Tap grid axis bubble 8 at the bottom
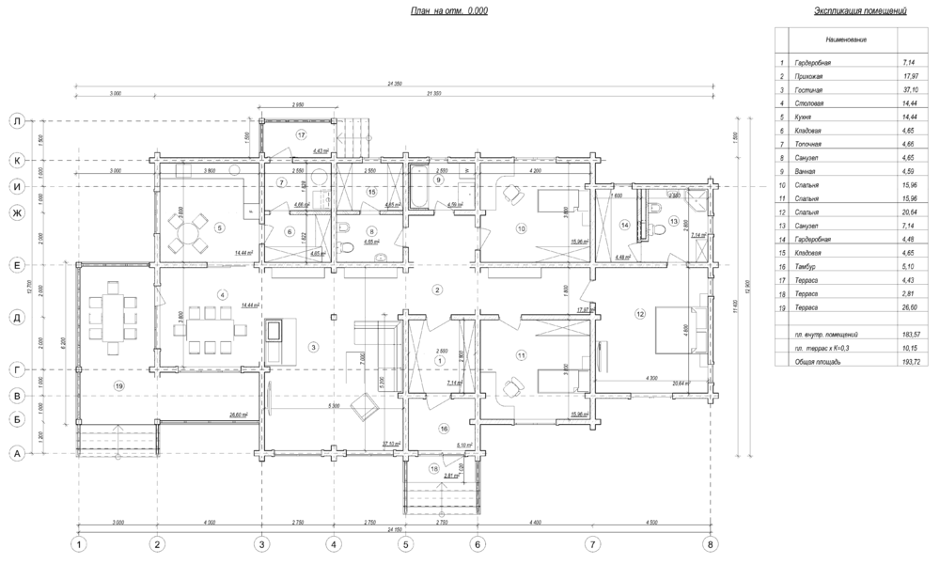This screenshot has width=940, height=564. click(x=711, y=543)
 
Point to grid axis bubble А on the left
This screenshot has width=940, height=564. click(x=17, y=453)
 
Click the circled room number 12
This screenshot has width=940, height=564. click(x=640, y=313)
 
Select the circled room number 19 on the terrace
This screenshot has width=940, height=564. click(x=118, y=385)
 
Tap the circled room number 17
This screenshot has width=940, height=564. click(x=302, y=135)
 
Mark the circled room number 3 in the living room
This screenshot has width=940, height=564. click(x=312, y=347)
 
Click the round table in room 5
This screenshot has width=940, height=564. click(x=190, y=231)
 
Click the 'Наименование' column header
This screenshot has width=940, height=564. click(x=846, y=40)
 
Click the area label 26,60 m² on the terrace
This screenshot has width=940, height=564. click(x=238, y=415)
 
